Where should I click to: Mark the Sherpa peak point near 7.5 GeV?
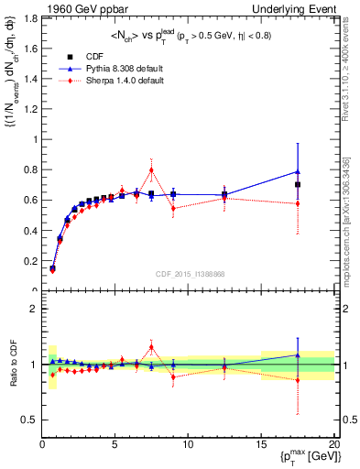coord(151,169)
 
